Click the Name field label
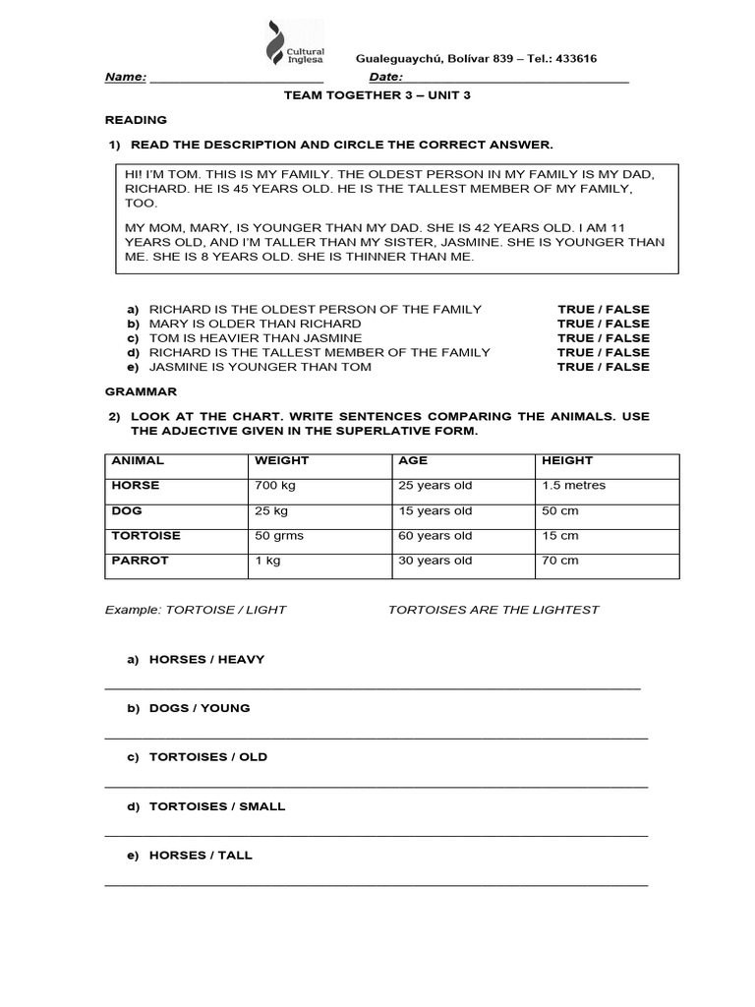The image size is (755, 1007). pyautogui.click(x=126, y=78)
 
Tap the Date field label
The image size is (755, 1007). pyautogui.click(x=386, y=78)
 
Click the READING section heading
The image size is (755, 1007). pyautogui.click(x=136, y=120)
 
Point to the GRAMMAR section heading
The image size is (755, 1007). pyautogui.click(x=140, y=391)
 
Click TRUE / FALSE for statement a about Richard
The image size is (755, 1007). pyautogui.click(x=603, y=309)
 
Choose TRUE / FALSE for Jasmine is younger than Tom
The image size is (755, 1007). pyautogui.click(x=603, y=367)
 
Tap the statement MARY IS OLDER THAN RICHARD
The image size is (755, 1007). pyautogui.click(x=255, y=324)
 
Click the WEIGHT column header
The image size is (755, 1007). pyautogui.click(x=281, y=460)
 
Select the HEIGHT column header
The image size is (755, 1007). pyautogui.click(x=567, y=460)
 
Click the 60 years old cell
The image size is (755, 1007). pyautogui.click(x=435, y=536)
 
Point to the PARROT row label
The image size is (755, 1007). pyautogui.click(x=140, y=561)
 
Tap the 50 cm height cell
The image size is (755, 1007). pyautogui.click(x=559, y=511)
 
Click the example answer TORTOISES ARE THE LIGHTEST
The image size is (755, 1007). pyautogui.click(x=493, y=610)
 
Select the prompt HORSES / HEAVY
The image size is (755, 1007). pyautogui.click(x=206, y=659)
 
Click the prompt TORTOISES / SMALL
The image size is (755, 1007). pyautogui.click(x=216, y=806)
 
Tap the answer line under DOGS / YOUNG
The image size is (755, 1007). pyautogui.click(x=376, y=737)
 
